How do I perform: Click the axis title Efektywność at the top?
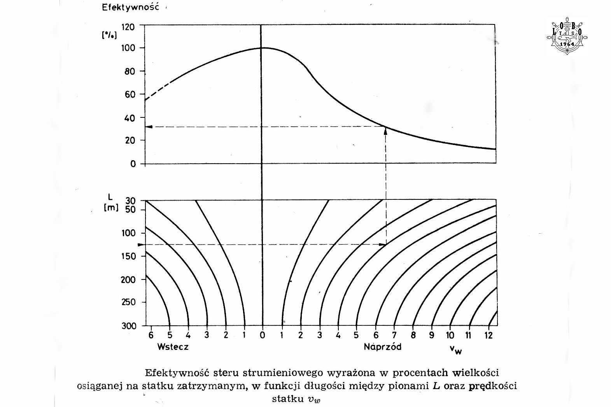[x=130, y=8]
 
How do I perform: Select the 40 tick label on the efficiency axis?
[x=130, y=118]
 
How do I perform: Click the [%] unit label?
[x=109, y=35]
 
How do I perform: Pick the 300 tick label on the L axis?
[x=129, y=326]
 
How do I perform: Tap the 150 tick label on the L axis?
[x=129, y=256]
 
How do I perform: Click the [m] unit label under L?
[x=111, y=208]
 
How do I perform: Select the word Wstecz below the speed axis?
[x=173, y=347]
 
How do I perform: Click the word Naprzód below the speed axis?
[x=382, y=347]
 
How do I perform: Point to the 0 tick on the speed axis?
[x=263, y=335]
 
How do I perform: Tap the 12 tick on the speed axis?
[x=488, y=335]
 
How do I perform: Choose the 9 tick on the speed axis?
[x=432, y=335]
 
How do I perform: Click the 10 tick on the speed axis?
[x=450, y=335]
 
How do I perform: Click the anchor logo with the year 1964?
[x=567, y=36]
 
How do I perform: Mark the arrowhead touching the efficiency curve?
[x=385, y=131]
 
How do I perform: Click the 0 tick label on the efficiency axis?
[x=133, y=164]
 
